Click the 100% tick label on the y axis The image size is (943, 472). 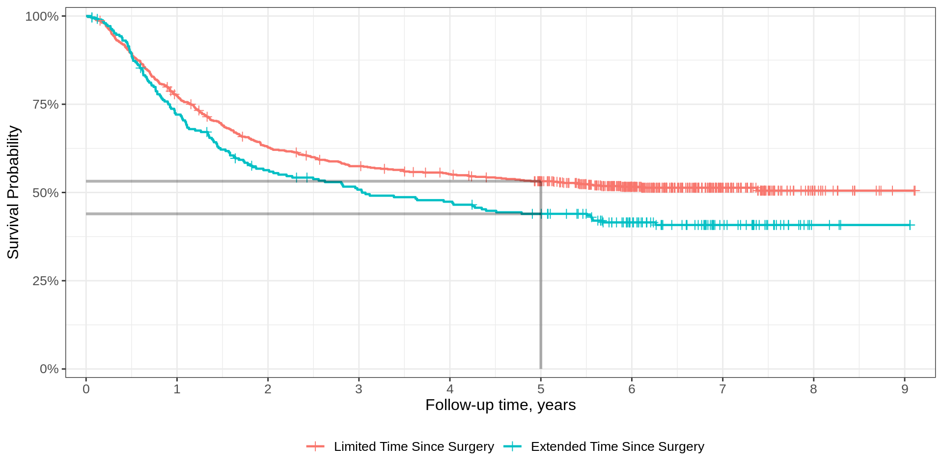[x=42, y=16]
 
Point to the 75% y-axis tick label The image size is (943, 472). [x=45, y=104]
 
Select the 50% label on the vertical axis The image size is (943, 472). [x=45, y=193]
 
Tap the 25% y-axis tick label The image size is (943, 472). [x=45, y=281]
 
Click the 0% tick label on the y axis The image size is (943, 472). [x=49, y=369]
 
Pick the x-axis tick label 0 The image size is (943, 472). [x=86, y=389]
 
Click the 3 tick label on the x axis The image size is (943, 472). [x=359, y=389]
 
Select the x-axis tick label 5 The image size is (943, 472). [x=541, y=389]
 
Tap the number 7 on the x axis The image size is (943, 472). [x=722, y=389]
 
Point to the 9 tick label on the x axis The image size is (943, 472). [x=905, y=389]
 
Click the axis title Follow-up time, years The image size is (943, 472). [x=500, y=405]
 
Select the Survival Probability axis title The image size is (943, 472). [x=13, y=192]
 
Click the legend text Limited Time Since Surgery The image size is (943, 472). [x=414, y=446]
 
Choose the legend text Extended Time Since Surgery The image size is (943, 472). [x=617, y=446]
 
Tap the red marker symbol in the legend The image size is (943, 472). [x=315, y=446]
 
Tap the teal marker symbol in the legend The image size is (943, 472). [x=512, y=446]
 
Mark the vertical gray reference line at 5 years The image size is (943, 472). [x=541, y=295]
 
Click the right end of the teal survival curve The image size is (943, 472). [x=914, y=225]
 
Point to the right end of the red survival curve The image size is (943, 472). [x=918, y=191]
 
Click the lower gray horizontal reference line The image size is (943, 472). [x=295, y=214]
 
